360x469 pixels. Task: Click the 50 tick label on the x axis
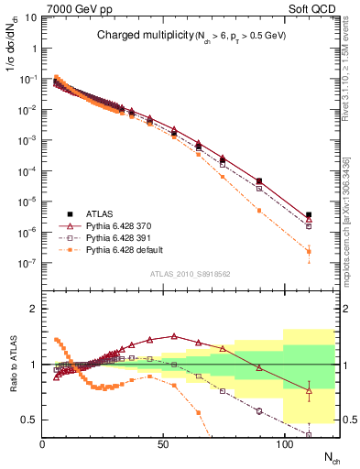click(x=162, y=442)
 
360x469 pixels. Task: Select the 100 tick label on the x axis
click(x=282, y=442)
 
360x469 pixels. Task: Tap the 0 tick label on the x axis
click(x=43, y=442)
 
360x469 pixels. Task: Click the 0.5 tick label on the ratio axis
click(x=27, y=420)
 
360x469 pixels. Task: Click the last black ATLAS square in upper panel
click(x=309, y=215)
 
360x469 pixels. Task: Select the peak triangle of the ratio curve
click(x=174, y=336)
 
